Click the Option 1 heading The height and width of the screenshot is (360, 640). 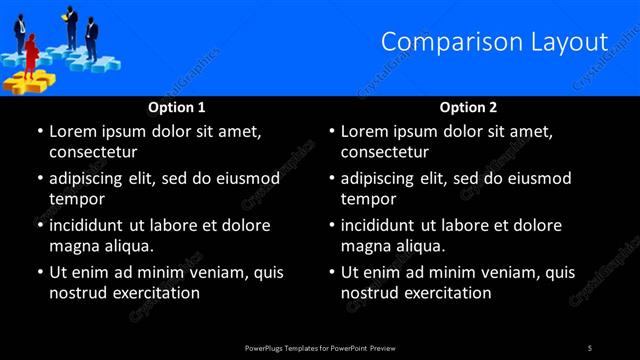[x=177, y=107]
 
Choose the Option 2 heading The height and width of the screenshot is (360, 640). [x=468, y=107]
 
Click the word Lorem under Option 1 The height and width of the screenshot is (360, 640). [x=73, y=131]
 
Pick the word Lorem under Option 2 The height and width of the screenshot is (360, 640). [x=365, y=131]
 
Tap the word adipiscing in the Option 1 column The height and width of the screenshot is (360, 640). [x=94, y=178]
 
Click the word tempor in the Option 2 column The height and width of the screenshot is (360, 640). [x=369, y=198]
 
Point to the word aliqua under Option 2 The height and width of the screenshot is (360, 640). [x=418, y=245]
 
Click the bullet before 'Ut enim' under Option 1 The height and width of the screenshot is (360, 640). [x=39, y=272]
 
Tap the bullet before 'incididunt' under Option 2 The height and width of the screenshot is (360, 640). [x=331, y=225]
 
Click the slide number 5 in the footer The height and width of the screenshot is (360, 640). [x=590, y=347]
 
